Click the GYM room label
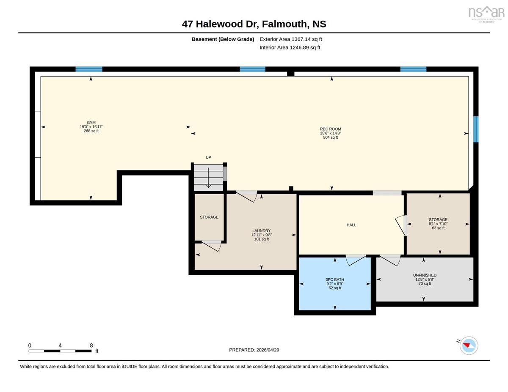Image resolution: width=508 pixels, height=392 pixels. pyautogui.click(x=91, y=127)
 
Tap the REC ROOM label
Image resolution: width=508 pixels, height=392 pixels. pyautogui.click(x=330, y=133)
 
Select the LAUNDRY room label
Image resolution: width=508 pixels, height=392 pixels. pyautogui.click(x=261, y=235)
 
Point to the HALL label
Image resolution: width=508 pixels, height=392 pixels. pyautogui.click(x=351, y=225)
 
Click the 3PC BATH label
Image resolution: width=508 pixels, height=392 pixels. pyautogui.click(x=335, y=284)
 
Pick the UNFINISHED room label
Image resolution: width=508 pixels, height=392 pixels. pyautogui.click(x=425, y=279)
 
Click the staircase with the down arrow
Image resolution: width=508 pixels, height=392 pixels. pyautogui.click(x=208, y=178)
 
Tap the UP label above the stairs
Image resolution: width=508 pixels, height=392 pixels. pyautogui.click(x=208, y=157)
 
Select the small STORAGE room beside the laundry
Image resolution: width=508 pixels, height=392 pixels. pyautogui.click(x=209, y=217)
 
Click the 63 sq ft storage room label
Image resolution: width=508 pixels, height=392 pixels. pyautogui.click(x=438, y=224)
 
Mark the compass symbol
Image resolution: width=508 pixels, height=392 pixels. pyautogui.click(x=469, y=345)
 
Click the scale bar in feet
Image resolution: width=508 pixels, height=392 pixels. pyautogui.click(x=60, y=351)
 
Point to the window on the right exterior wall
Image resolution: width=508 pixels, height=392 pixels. pyautogui.click(x=476, y=129)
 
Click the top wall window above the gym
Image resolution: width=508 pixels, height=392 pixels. pyautogui.click(x=89, y=69)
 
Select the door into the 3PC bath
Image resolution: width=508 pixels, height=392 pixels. pyautogui.click(x=356, y=260)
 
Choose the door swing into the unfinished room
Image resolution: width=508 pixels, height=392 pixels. pyautogui.click(x=390, y=260)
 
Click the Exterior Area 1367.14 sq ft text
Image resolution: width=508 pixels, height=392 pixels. pyautogui.click(x=290, y=39)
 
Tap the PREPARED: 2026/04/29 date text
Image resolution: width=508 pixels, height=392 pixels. pyautogui.click(x=254, y=350)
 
